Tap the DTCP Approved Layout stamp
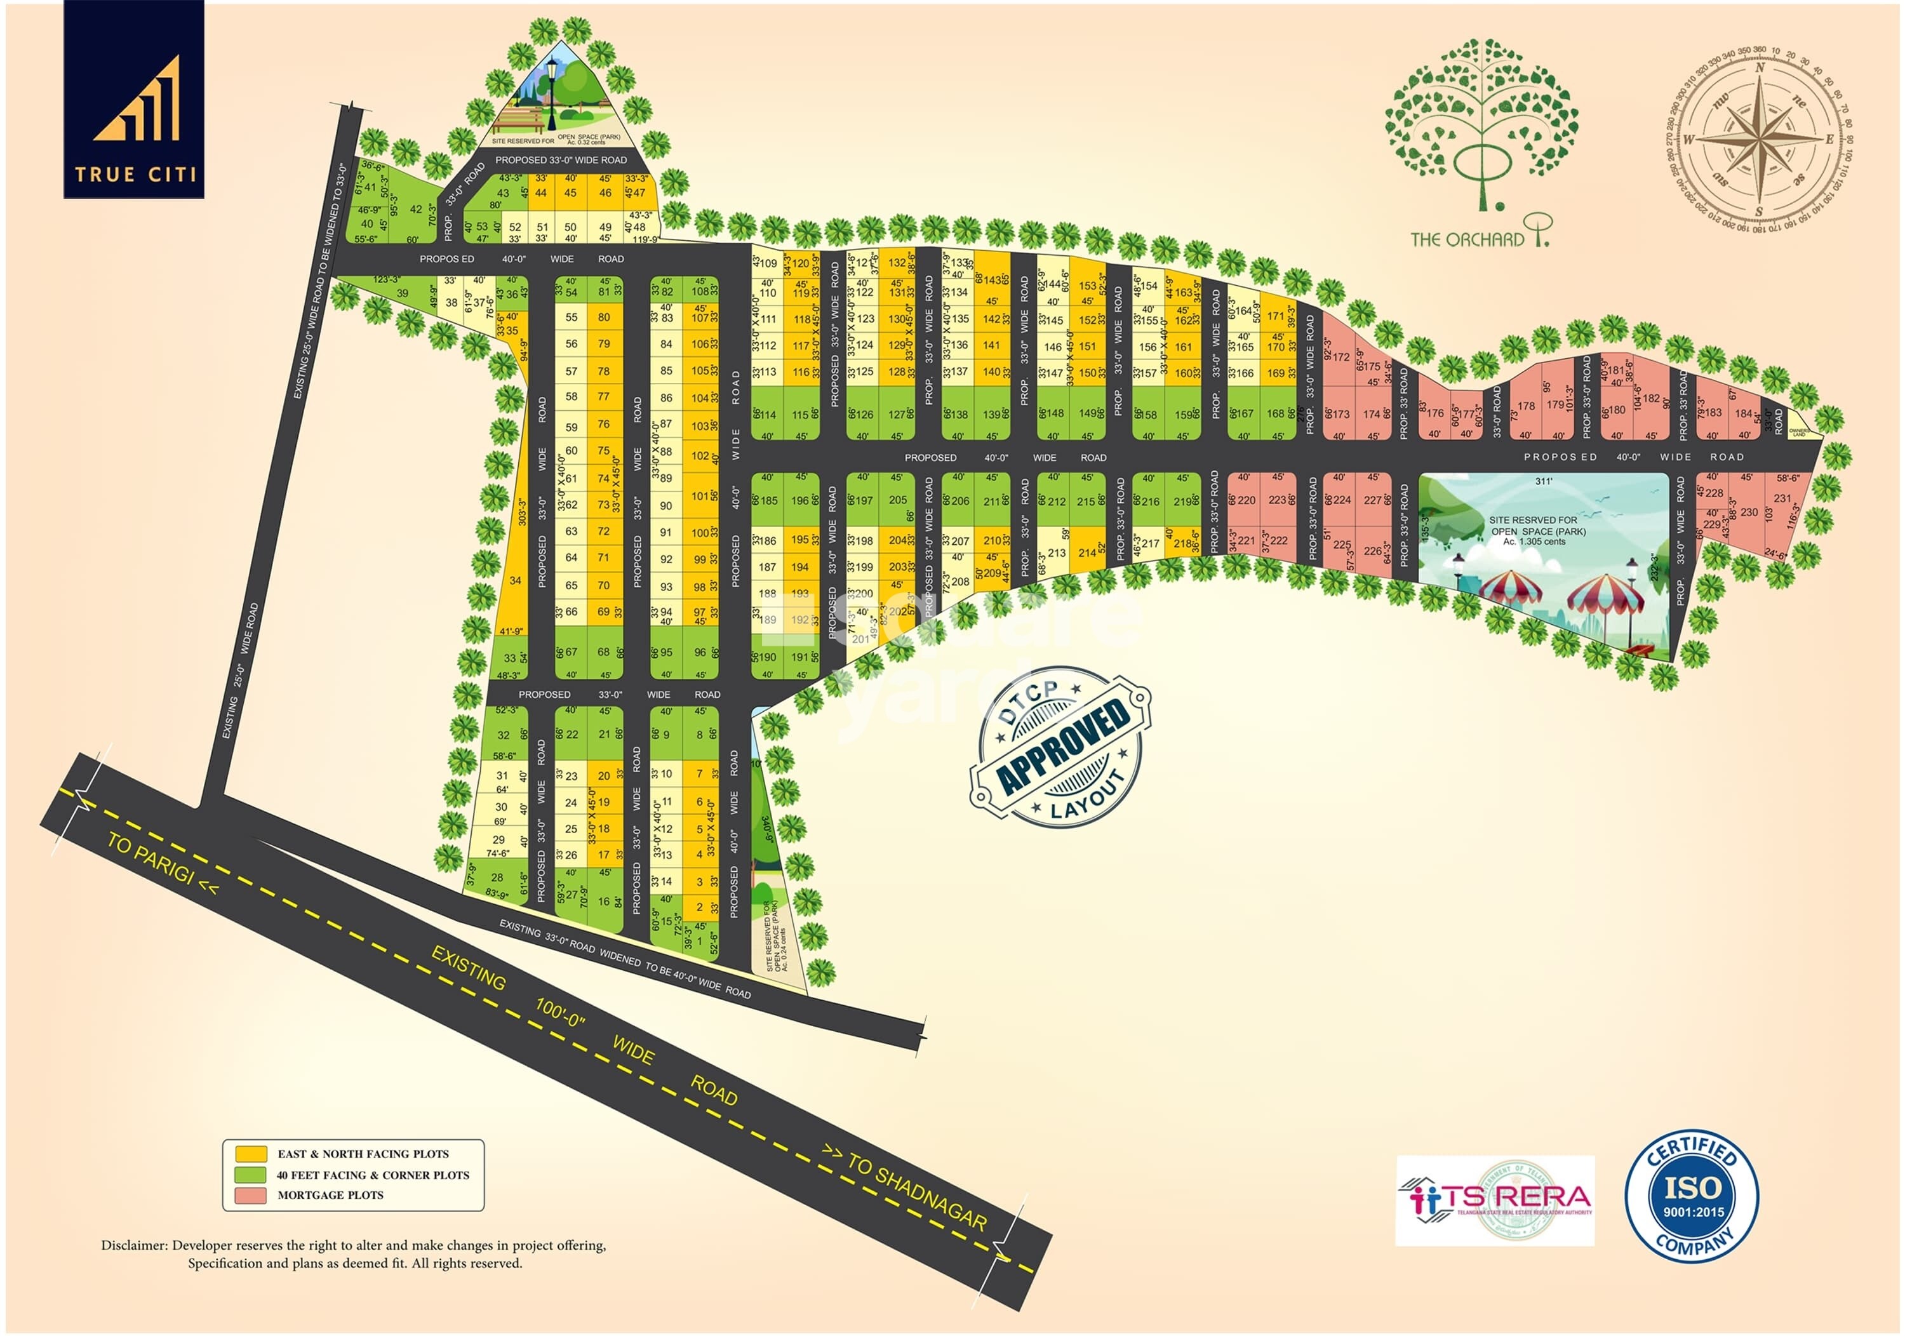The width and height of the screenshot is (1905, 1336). click(1060, 746)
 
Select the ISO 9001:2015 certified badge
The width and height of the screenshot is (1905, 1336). click(1692, 1196)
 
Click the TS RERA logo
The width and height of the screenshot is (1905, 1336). click(1494, 1200)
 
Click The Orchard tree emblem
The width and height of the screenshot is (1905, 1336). click(1481, 124)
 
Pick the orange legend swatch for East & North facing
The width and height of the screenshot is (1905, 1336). click(251, 1153)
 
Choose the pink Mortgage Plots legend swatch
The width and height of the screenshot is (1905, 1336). click(251, 1195)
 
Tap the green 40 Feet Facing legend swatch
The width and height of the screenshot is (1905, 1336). click(251, 1174)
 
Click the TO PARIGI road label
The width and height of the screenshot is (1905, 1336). click(163, 864)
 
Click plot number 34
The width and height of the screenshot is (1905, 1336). click(515, 580)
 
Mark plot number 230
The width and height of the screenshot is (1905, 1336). click(1749, 512)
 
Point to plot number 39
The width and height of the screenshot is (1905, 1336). click(403, 293)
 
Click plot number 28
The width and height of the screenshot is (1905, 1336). click(497, 876)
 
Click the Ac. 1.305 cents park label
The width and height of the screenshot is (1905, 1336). click(1534, 541)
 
